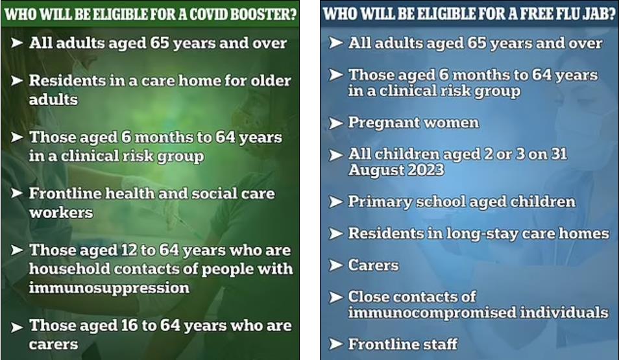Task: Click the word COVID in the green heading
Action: coord(208,14)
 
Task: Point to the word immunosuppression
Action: coord(109,287)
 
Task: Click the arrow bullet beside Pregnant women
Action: coord(336,123)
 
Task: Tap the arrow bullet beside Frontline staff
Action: coord(336,344)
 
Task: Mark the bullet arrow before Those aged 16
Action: coord(17,327)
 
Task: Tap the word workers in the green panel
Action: coord(61,213)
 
